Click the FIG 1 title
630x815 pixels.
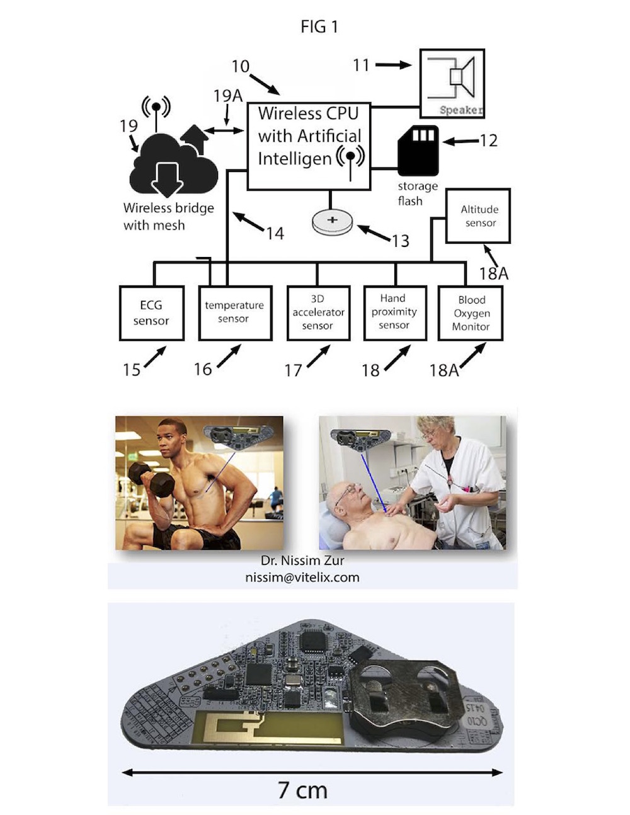pos(319,26)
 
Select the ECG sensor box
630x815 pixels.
pos(151,313)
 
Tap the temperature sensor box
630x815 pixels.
pos(234,313)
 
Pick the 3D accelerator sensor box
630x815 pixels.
pos(318,313)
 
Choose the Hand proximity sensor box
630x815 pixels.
pos(395,313)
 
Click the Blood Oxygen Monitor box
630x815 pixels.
pos(471,313)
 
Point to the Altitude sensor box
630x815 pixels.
pos(478,216)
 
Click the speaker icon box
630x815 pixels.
pos(452,84)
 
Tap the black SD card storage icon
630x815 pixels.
pos(418,150)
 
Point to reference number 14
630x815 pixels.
pos(275,234)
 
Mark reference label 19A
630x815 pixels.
pos(227,96)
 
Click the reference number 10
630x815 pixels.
pos(241,66)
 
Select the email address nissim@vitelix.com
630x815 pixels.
pos(302,576)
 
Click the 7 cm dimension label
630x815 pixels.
pos(302,790)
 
